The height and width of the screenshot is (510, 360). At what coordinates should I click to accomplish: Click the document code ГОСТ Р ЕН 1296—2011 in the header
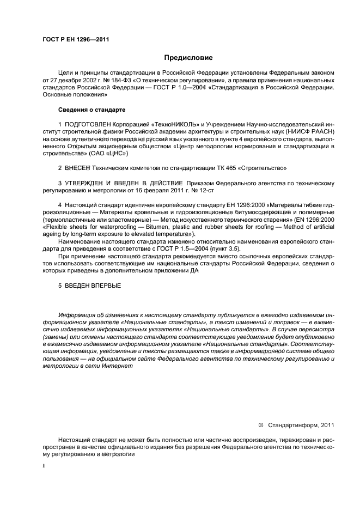[72, 39]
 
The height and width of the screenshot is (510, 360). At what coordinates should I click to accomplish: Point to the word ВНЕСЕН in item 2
[77, 167]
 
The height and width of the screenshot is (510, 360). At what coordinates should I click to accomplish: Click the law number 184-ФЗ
[119, 80]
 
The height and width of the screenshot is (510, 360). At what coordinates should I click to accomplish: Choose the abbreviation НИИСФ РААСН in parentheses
[312, 132]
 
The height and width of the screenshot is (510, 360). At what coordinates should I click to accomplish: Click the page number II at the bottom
[45, 466]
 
